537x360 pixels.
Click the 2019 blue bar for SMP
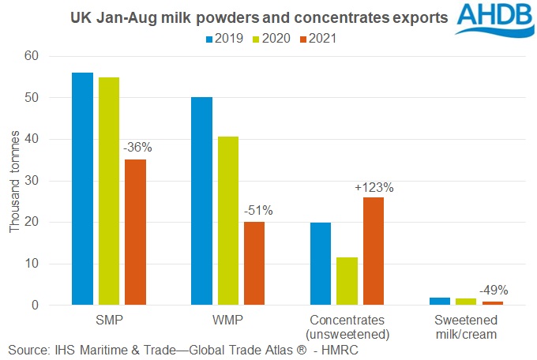coord(82,189)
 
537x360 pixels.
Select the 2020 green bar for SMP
coord(108,190)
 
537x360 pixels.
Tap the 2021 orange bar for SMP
coord(135,232)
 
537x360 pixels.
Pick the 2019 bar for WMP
coord(201,201)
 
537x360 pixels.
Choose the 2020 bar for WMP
coord(228,220)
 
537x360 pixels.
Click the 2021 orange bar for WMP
coord(254,263)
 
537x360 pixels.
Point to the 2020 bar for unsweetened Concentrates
coord(347,281)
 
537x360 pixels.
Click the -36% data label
coord(136,147)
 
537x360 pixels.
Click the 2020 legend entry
coord(270,37)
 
